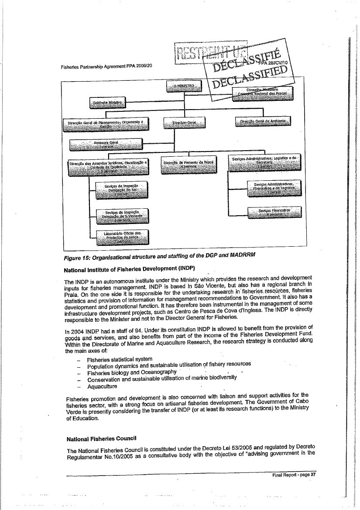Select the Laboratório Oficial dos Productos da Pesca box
tap(122, 238)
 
